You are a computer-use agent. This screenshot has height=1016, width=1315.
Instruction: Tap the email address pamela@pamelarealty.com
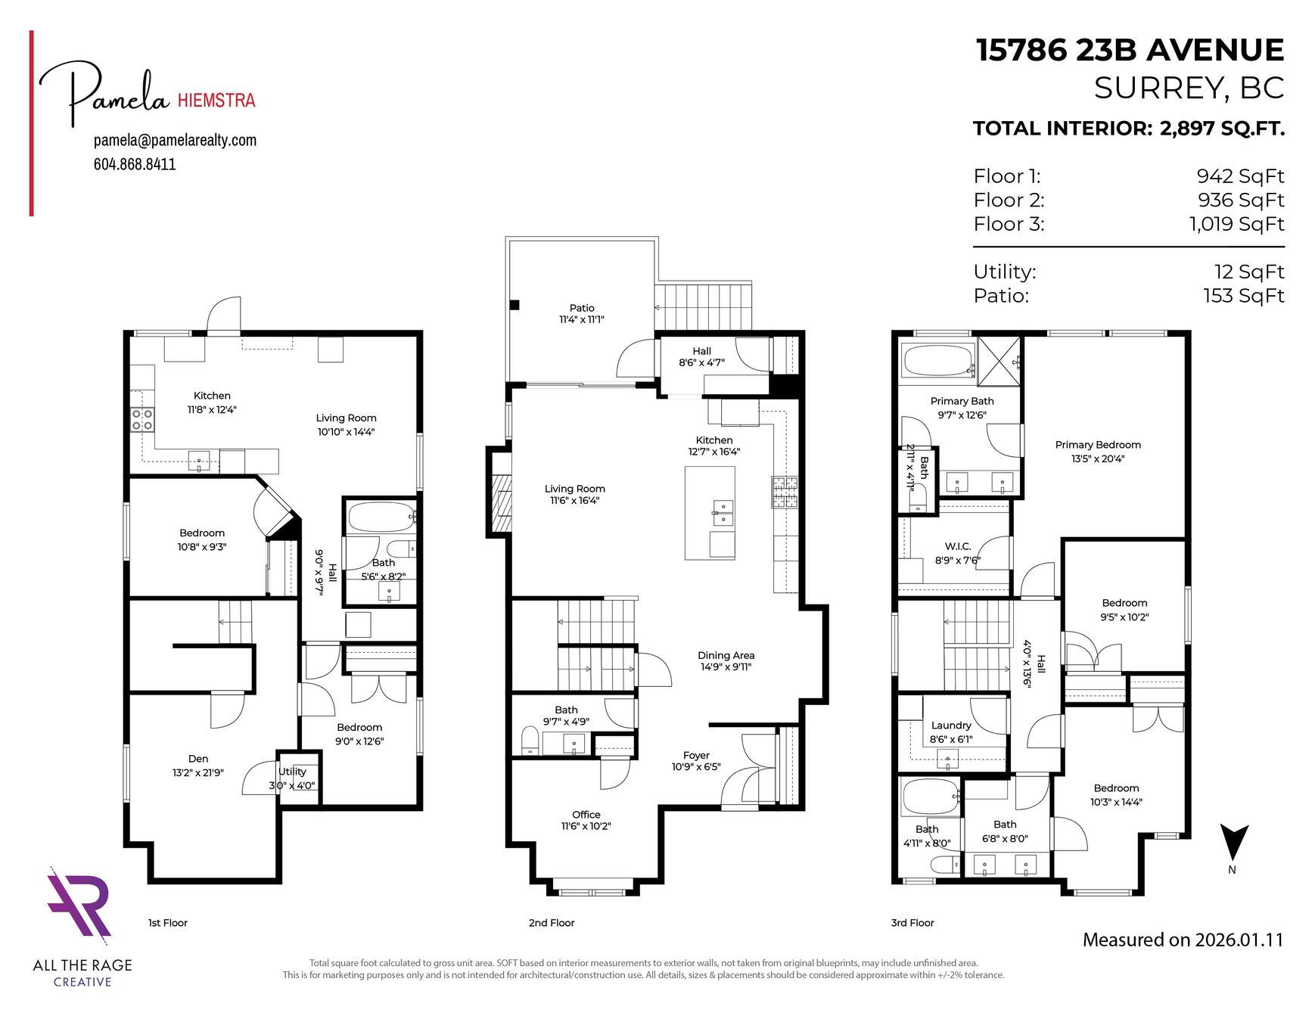pyautogui.click(x=175, y=140)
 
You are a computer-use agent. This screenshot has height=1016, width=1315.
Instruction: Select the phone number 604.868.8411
pyautogui.click(x=135, y=164)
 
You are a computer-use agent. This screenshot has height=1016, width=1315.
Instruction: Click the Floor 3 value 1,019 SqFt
pyautogui.click(x=1236, y=224)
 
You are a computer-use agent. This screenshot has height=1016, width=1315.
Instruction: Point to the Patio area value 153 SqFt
pyautogui.click(x=1244, y=296)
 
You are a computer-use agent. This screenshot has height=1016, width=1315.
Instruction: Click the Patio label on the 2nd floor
pyautogui.click(x=582, y=308)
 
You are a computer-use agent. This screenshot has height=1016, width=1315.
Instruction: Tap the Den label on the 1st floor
pyautogui.click(x=198, y=759)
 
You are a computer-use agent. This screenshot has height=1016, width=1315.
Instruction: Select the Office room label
pyautogui.click(x=586, y=815)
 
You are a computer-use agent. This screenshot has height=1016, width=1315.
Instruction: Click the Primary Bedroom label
pyautogui.click(x=1098, y=445)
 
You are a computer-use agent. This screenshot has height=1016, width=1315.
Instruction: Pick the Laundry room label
pyautogui.click(x=951, y=725)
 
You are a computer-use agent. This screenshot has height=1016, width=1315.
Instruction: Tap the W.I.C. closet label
pyautogui.click(x=958, y=546)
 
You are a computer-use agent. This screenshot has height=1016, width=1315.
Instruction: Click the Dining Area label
pyautogui.click(x=726, y=655)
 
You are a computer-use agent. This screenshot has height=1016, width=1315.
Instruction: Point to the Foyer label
pyautogui.click(x=696, y=755)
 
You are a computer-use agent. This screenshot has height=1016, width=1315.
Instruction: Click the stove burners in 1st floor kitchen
pyautogui.click(x=142, y=419)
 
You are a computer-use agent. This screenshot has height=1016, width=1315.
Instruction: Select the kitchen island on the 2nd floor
pyautogui.click(x=710, y=513)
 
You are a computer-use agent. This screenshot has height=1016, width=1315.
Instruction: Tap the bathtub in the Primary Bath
pyautogui.click(x=938, y=360)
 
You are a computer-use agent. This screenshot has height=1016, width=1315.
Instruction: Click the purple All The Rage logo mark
pyautogui.click(x=79, y=904)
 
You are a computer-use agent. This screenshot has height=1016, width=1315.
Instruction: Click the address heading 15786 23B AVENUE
pyautogui.click(x=1130, y=51)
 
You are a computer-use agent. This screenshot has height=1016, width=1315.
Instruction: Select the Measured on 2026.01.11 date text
pyautogui.click(x=1183, y=940)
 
